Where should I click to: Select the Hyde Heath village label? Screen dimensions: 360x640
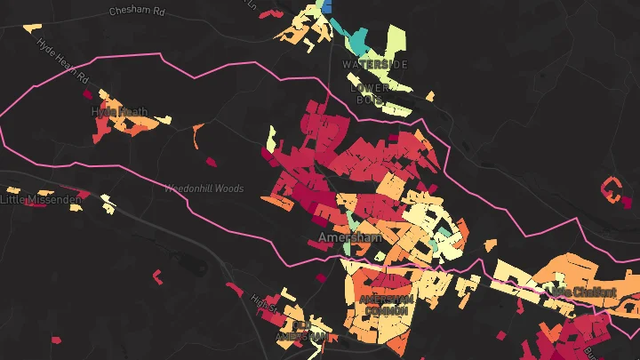pos(120,112)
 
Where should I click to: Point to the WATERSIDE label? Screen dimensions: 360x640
pos(374,65)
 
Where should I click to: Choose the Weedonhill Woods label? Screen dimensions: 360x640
pos(204,188)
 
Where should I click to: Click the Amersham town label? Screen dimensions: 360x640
pos(349,238)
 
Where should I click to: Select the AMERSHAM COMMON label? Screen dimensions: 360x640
pos(386,305)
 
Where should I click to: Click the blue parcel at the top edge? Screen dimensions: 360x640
pos(326,5)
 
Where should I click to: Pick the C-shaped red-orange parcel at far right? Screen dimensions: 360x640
pos(609,189)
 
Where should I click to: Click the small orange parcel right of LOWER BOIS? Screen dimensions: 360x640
pos(430,96)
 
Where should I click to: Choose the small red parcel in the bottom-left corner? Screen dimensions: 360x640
pos(56,340)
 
